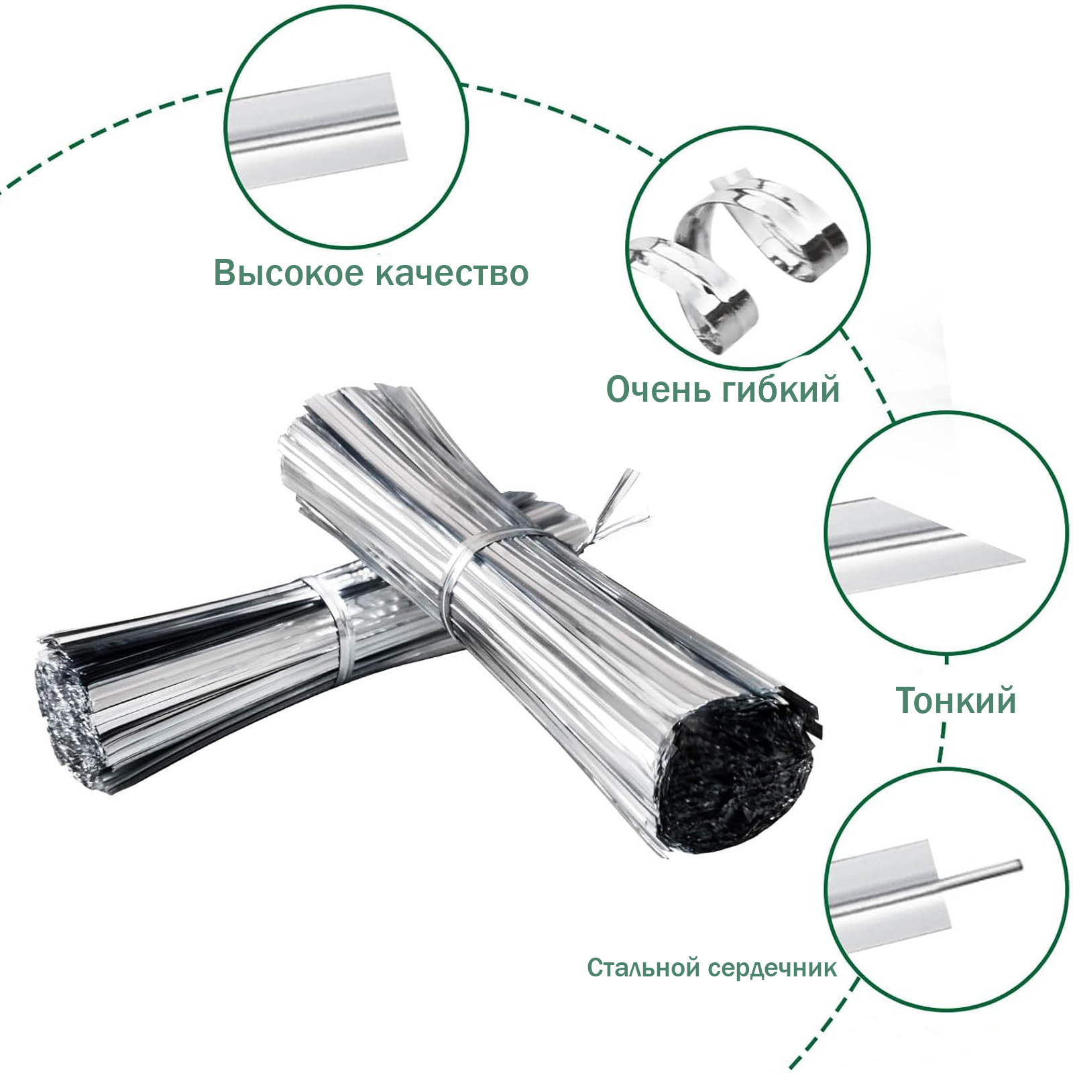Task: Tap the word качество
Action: [451, 273]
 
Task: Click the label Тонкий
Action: [956, 700]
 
